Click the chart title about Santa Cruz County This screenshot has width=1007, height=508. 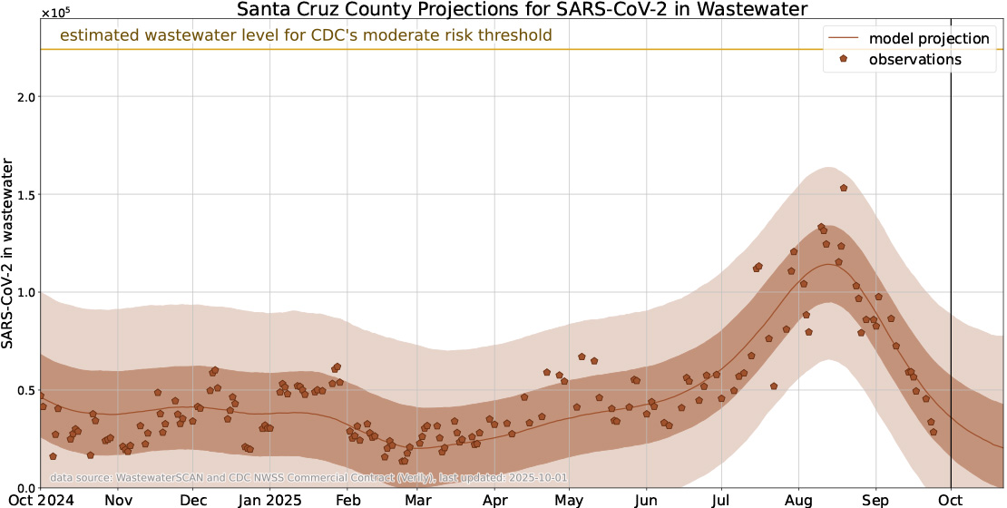point(522,10)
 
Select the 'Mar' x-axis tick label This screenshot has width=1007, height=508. point(417,500)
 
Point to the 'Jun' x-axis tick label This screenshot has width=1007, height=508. point(646,500)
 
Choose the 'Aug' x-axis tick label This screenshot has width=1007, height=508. point(798,500)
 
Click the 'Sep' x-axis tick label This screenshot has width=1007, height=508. point(875,500)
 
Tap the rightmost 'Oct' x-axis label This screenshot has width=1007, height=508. point(951,500)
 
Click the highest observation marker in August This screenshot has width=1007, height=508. point(843,188)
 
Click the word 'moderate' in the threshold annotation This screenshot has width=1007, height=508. point(414,36)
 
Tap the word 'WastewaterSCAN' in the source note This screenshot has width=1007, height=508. point(157,477)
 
